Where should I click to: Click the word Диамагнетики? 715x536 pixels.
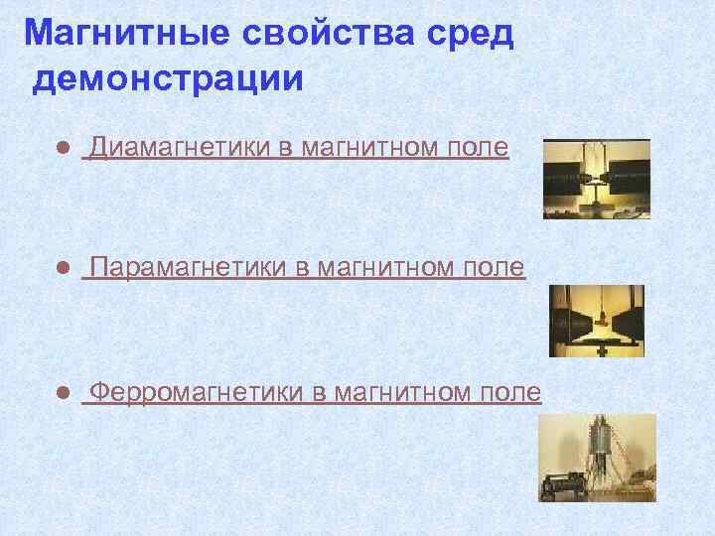pyautogui.click(x=178, y=149)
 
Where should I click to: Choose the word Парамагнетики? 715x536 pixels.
pyautogui.click(x=188, y=269)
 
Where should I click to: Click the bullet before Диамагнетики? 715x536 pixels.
pyautogui.click(x=62, y=149)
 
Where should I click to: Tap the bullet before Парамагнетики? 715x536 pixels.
pyautogui.click(x=62, y=269)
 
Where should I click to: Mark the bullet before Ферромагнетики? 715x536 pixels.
pyautogui.click(x=62, y=394)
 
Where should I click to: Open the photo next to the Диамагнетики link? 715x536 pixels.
pyautogui.click(x=596, y=179)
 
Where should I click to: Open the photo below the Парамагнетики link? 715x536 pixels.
pyautogui.click(x=596, y=321)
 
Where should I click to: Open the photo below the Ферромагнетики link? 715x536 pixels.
pyautogui.click(x=596, y=457)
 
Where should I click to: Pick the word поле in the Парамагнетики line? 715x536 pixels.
pyautogui.click(x=494, y=269)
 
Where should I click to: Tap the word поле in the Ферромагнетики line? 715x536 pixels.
pyautogui.click(x=509, y=393)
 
